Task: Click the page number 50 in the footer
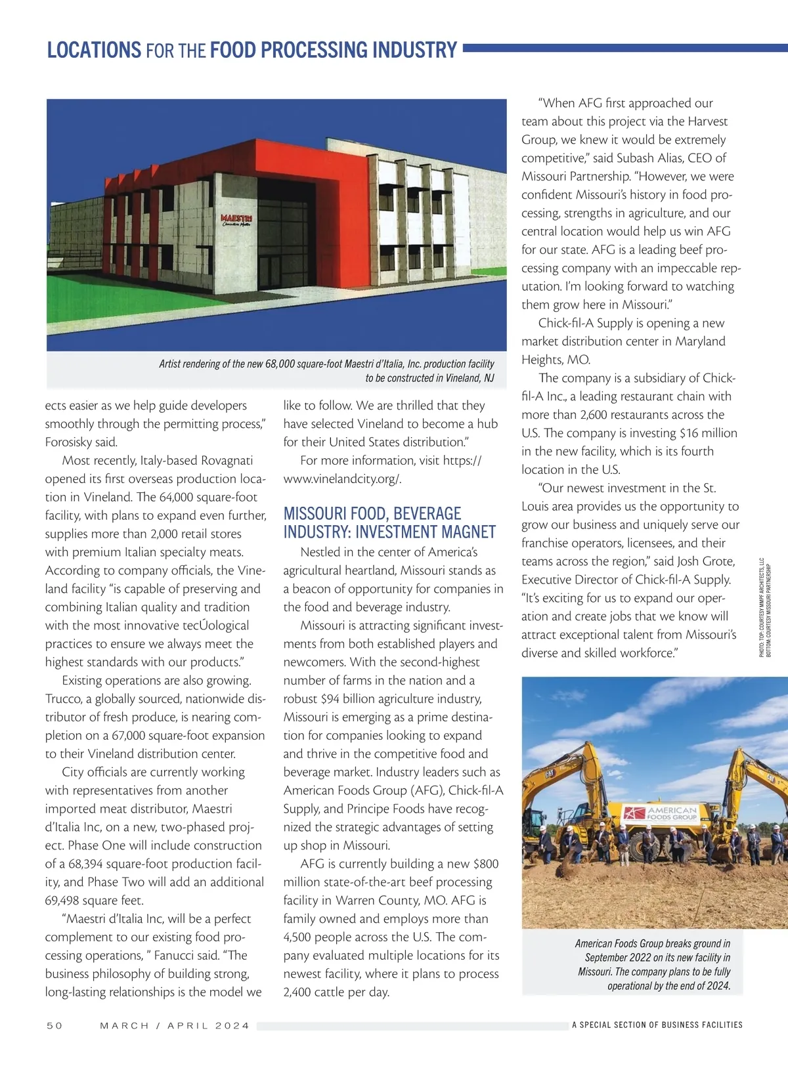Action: pos(55,1025)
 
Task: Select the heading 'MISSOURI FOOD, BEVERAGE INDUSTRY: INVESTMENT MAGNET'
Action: pos(389,522)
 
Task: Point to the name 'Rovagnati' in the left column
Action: pos(227,461)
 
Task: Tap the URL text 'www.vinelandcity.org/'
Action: pos(342,479)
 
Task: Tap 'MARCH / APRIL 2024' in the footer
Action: pos(175,1025)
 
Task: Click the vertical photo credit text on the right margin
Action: pos(764,607)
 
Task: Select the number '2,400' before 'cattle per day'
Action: pos(300,992)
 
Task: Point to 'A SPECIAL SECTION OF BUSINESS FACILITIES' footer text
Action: pos(657,1025)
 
